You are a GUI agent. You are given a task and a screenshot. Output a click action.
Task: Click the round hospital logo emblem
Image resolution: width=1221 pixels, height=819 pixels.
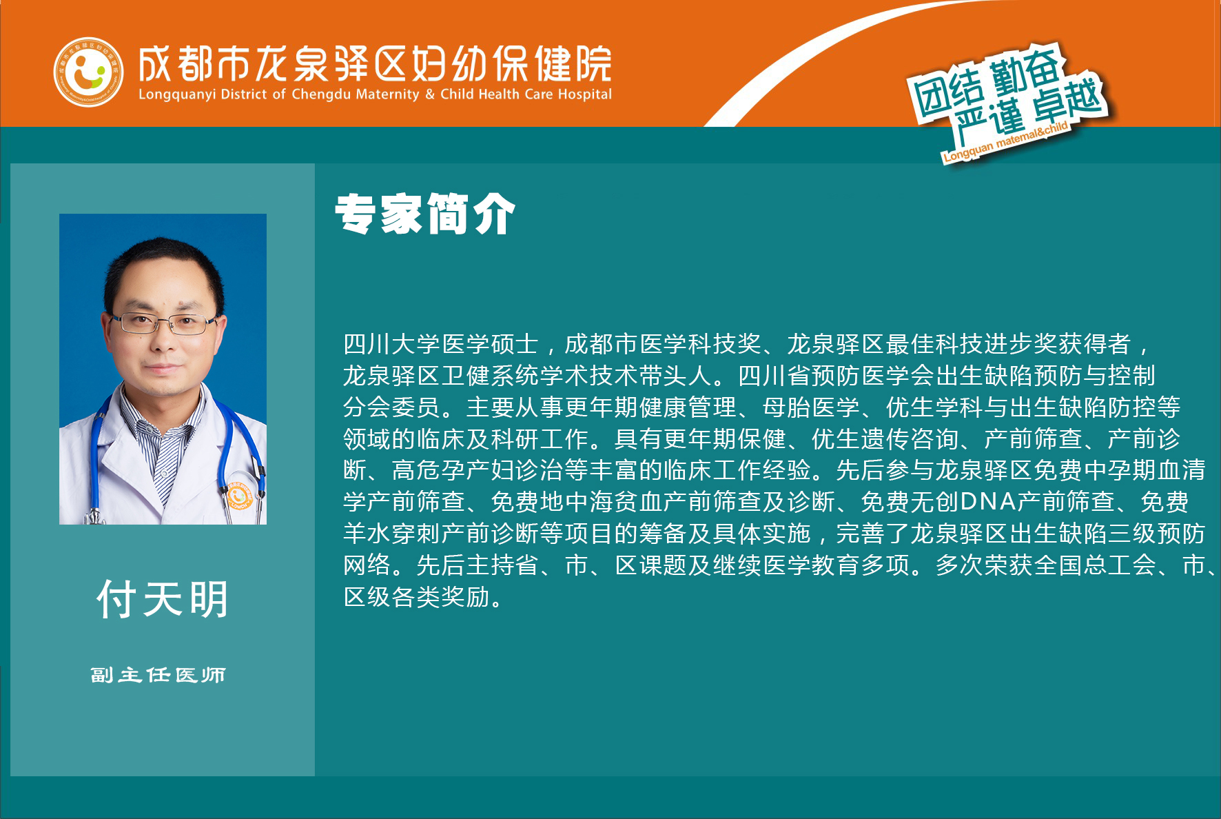pos(88,72)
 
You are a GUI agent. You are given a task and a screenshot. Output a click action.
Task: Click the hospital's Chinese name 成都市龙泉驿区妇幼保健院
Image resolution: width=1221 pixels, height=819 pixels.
pos(375,65)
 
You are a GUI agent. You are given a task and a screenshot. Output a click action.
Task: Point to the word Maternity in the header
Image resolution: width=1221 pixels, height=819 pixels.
pos(387,94)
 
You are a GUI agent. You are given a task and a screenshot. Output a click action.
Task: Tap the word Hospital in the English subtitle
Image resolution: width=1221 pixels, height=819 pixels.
pos(584,94)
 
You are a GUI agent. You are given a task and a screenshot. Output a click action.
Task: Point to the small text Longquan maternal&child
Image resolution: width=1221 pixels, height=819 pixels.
pos(1005,141)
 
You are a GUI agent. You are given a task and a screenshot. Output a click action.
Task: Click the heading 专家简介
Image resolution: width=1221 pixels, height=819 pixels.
pos(425,214)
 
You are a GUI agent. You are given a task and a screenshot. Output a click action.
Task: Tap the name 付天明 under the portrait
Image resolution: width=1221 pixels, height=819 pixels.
pos(163,599)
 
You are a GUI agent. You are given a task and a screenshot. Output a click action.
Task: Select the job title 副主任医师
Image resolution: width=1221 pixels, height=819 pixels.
pos(158,675)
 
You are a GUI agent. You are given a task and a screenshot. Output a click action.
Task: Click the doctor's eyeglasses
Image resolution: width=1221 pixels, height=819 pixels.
pos(164,323)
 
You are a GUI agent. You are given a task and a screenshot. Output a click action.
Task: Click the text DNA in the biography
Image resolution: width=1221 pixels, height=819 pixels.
pos(988,502)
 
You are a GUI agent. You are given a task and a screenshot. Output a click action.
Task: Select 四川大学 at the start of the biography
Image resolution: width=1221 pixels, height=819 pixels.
pos(392,343)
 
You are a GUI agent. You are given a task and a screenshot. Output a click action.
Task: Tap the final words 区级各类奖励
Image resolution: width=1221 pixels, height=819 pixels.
pos(417,597)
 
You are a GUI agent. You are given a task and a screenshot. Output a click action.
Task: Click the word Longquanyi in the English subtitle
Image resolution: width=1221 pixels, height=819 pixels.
pos(177,95)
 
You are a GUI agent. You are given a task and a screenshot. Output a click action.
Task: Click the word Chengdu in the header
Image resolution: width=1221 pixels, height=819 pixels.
pos(321,94)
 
